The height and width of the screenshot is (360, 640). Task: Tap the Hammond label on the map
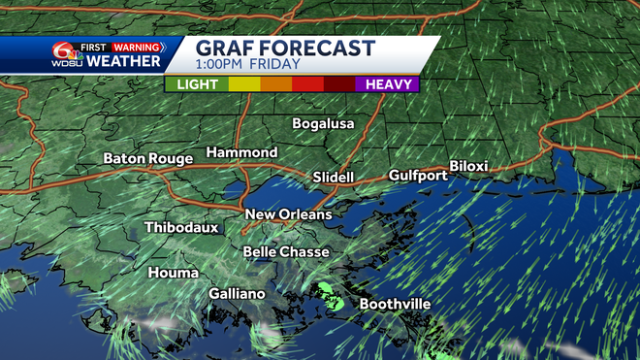click(241, 153)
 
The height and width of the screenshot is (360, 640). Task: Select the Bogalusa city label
click(324, 124)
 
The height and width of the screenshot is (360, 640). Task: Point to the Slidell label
click(335, 178)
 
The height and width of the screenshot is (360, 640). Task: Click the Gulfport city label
click(418, 176)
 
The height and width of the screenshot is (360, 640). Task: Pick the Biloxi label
click(468, 167)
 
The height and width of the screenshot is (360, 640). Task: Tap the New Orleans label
click(288, 214)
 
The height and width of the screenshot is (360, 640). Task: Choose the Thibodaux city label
click(181, 228)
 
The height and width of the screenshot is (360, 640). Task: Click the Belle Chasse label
click(286, 252)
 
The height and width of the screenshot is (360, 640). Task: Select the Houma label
click(173, 274)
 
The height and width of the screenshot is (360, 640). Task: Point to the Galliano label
click(237, 294)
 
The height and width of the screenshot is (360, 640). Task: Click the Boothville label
click(395, 305)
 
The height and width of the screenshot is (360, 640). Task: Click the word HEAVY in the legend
click(386, 84)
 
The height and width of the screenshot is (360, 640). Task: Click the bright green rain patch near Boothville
click(329, 291)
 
